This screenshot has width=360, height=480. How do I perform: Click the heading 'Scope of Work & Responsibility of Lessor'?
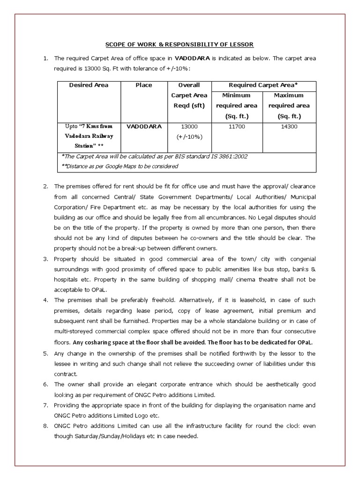pos(179,45)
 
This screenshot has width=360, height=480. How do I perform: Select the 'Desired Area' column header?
pos(89,85)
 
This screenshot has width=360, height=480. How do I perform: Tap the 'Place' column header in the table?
pos(143,85)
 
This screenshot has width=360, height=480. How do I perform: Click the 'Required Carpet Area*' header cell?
pos(263,85)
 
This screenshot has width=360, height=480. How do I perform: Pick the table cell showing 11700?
pos(236,127)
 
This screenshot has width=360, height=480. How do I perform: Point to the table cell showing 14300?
pos(289,127)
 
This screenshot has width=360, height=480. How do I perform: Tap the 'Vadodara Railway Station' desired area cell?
pos(89,136)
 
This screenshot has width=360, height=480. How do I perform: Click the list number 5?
pos(45,354)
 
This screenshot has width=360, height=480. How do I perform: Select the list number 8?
pos(45,426)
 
